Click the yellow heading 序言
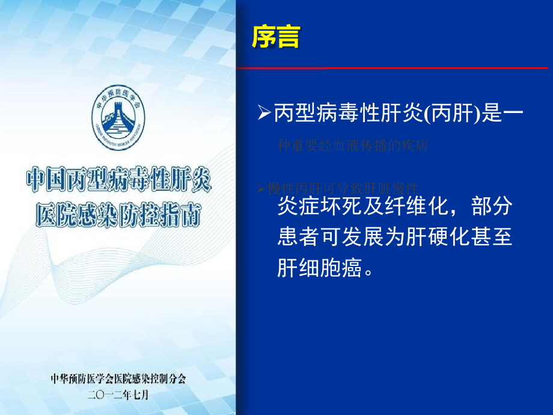pyautogui.click(x=276, y=37)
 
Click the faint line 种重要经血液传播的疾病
pyautogui.click(x=353, y=146)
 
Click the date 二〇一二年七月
pyautogui.click(x=118, y=395)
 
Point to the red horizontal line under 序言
pyautogui.click(x=394, y=69)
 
